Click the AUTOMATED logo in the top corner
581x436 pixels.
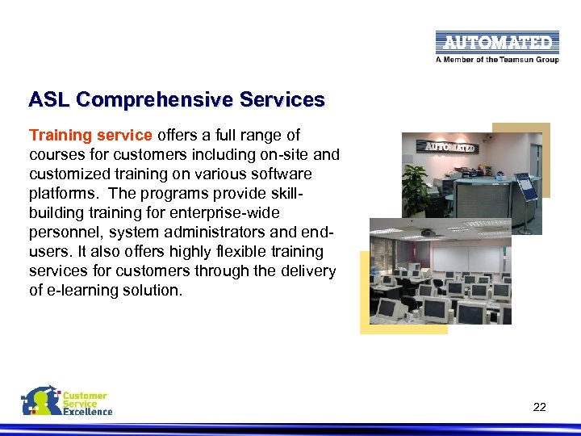(496, 42)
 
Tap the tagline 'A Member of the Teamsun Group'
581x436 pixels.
(496, 59)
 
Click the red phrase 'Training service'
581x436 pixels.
(90, 135)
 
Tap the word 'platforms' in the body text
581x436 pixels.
(64, 193)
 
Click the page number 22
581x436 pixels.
(539, 407)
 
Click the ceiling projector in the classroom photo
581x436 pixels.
(428, 232)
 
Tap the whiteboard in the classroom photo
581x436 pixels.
(467, 258)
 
